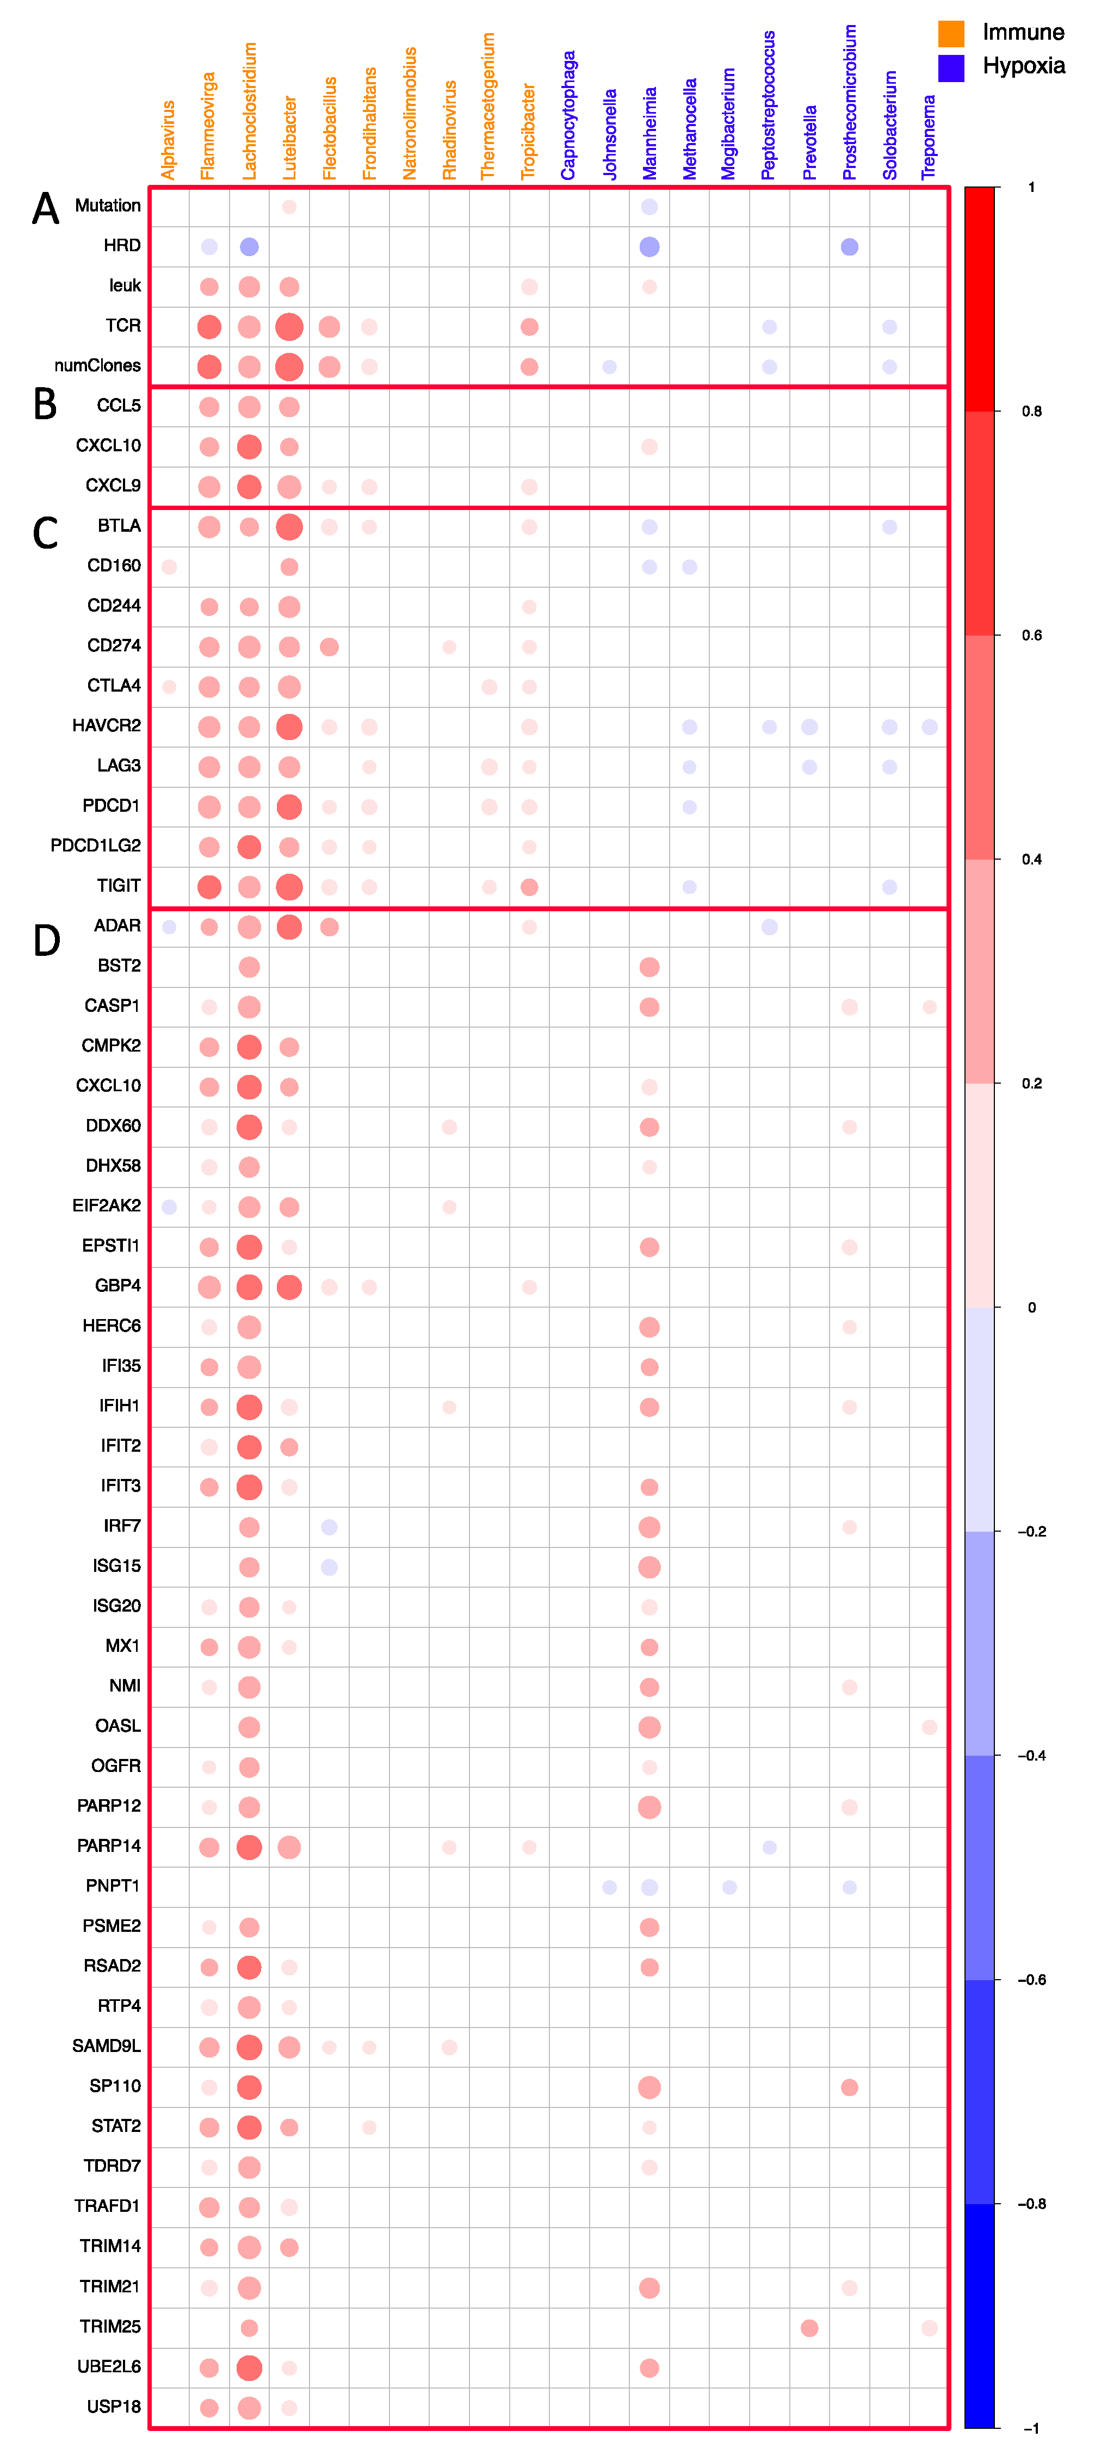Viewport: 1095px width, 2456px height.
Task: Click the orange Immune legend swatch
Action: [x=951, y=33]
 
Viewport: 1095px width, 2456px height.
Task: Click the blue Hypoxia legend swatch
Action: [x=951, y=67]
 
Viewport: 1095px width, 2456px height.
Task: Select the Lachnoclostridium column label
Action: [x=250, y=110]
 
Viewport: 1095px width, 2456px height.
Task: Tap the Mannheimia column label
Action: [x=649, y=133]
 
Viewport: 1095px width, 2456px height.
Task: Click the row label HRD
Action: [x=122, y=246]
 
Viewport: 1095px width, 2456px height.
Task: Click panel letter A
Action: [x=46, y=209]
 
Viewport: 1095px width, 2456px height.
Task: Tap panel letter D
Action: [x=47, y=941]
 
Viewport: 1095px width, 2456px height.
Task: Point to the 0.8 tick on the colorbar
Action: [x=1031, y=412]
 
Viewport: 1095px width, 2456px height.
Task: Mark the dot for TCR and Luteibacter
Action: [x=289, y=327]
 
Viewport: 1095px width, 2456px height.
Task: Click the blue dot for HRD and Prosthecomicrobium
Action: [x=849, y=247]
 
